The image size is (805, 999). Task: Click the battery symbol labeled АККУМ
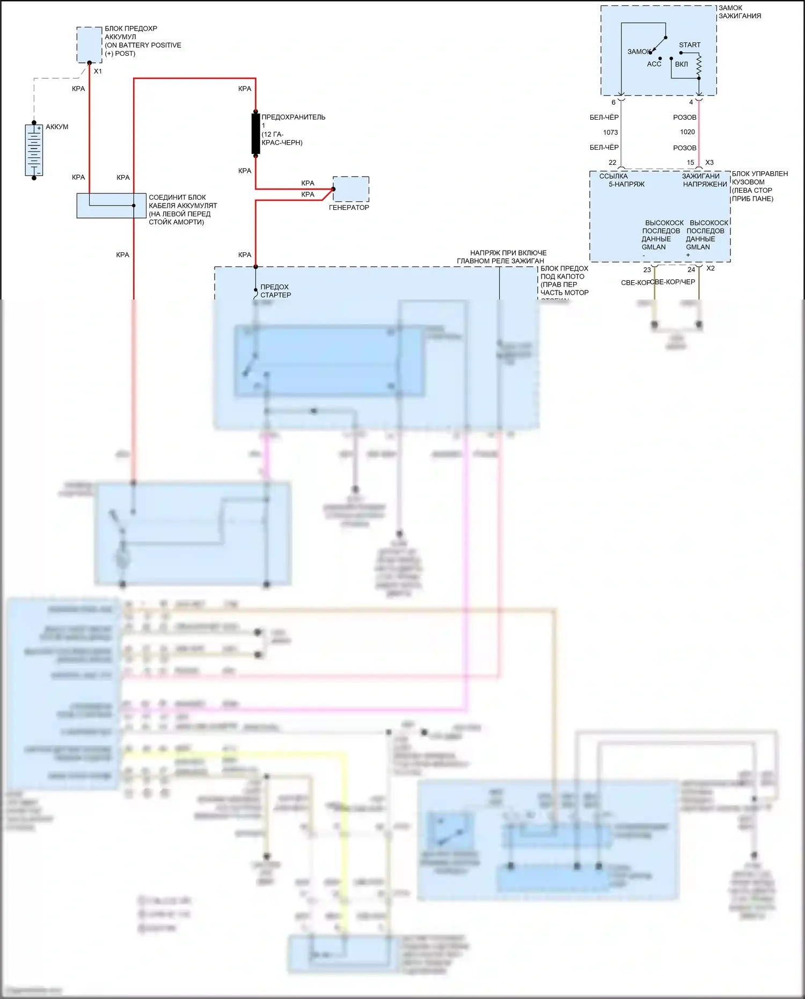point(34,150)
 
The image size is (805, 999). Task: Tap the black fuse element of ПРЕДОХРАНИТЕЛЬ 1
point(256,134)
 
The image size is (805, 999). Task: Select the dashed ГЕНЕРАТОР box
point(351,189)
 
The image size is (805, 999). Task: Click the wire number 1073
point(610,133)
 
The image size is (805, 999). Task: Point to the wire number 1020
point(687,132)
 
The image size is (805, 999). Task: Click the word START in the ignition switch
point(690,45)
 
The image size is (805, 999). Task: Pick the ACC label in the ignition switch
point(654,64)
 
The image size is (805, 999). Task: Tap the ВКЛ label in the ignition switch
point(682,64)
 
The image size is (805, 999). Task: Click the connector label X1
point(98,71)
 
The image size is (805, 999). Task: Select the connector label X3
point(709,163)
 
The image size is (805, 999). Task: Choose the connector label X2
point(711,268)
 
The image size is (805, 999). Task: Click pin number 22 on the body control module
point(612,163)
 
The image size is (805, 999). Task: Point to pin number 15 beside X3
point(691,163)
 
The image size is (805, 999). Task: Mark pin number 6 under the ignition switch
point(613,103)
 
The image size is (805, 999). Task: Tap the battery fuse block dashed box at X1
point(89,45)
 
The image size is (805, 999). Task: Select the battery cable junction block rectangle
point(111,206)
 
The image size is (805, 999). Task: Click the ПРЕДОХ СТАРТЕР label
point(275,291)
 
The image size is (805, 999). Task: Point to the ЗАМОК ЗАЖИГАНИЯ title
point(740,12)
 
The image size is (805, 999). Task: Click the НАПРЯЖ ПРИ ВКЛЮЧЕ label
point(508,253)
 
